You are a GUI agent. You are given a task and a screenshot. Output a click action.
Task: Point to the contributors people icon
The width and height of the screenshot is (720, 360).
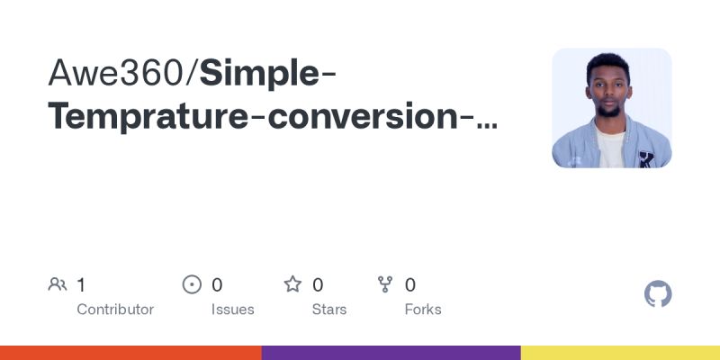pyautogui.click(x=58, y=285)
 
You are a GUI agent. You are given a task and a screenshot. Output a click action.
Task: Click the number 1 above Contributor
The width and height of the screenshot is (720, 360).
pyautogui.click(x=81, y=285)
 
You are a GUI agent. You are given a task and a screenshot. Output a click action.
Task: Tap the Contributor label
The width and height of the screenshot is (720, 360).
pyautogui.click(x=115, y=310)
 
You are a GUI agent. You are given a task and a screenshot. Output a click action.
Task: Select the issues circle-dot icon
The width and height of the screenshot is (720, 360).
pyautogui.click(x=192, y=285)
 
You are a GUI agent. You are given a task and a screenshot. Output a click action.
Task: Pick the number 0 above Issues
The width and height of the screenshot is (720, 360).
pyautogui.click(x=217, y=285)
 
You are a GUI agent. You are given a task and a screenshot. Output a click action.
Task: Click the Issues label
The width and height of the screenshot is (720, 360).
pyautogui.click(x=233, y=310)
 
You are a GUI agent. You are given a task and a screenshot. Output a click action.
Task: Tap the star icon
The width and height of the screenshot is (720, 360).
pyautogui.click(x=292, y=285)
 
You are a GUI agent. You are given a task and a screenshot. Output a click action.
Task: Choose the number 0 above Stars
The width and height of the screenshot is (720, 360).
pyautogui.click(x=318, y=285)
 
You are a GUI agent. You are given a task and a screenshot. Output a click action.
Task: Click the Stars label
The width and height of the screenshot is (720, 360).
pyautogui.click(x=330, y=310)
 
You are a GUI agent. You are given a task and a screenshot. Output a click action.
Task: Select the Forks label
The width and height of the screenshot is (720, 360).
pyautogui.click(x=423, y=310)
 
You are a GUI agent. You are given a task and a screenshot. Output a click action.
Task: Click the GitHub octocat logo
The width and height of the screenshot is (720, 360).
pyautogui.click(x=659, y=294)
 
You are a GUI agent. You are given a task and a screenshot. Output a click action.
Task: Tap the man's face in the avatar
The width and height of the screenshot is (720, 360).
pyautogui.click(x=610, y=86)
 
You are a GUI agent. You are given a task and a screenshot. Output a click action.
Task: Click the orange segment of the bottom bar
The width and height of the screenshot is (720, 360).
pyautogui.click(x=130, y=353)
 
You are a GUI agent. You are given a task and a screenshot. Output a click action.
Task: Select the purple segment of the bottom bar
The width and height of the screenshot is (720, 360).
pyautogui.click(x=391, y=353)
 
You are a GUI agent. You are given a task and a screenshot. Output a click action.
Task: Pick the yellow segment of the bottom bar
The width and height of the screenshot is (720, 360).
pyautogui.click(x=620, y=353)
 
